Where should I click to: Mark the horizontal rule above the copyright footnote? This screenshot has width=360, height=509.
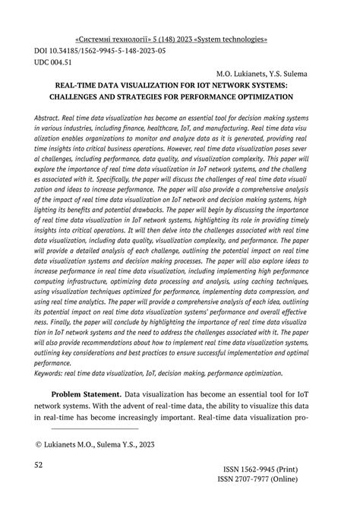pos(78,428)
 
